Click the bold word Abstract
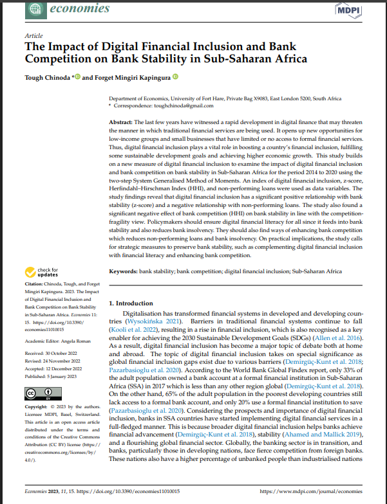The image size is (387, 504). pos(120,122)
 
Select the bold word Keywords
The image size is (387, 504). pos(123,272)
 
